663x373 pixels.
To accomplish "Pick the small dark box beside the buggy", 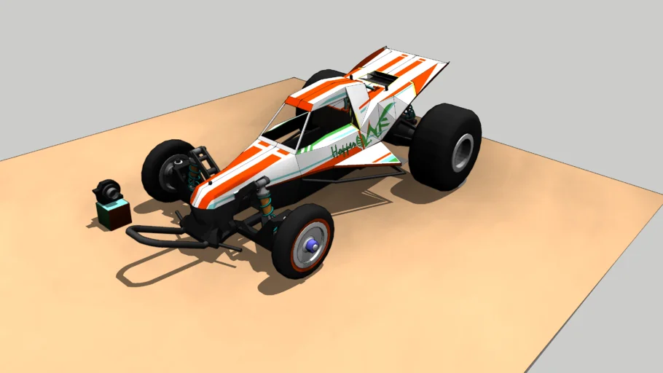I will point(113,214).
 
